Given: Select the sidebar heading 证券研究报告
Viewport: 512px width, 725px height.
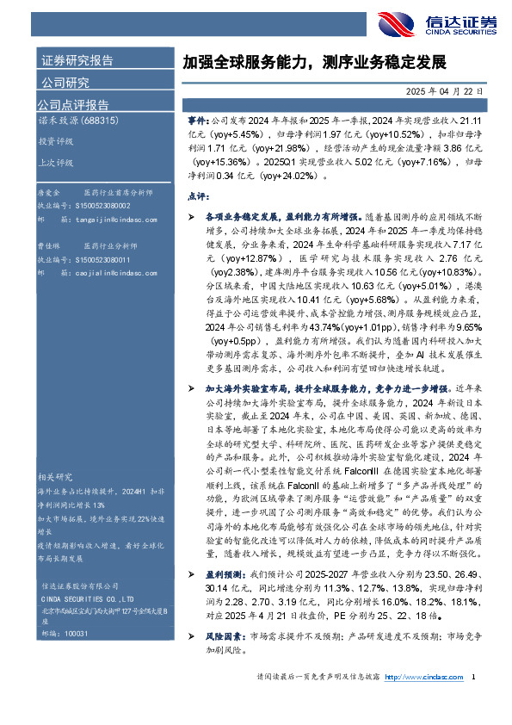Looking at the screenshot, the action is pyautogui.click(x=77, y=60).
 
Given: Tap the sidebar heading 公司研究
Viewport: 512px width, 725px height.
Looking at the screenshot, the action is pyautogui.click(x=65, y=83).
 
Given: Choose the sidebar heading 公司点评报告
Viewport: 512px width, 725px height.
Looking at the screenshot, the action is pyautogui.click(x=71, y=105).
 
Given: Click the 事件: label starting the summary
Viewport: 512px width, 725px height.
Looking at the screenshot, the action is pyautogui.click(x=198, y=123).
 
